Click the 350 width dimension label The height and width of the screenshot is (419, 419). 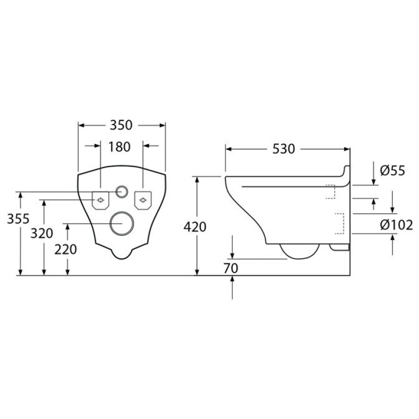point(121,125)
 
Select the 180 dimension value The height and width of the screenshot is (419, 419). point(119,147)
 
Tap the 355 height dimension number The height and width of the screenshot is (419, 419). point(18,219)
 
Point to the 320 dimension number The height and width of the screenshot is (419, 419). point(42,233)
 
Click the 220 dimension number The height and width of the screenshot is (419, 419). point(65,250)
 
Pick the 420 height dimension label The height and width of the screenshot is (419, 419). point(195,227)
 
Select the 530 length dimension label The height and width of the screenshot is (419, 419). point(283,149)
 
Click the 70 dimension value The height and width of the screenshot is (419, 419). point(231,268)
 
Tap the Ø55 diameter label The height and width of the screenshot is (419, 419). point(392,170)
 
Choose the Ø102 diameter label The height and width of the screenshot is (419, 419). point(396,225)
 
